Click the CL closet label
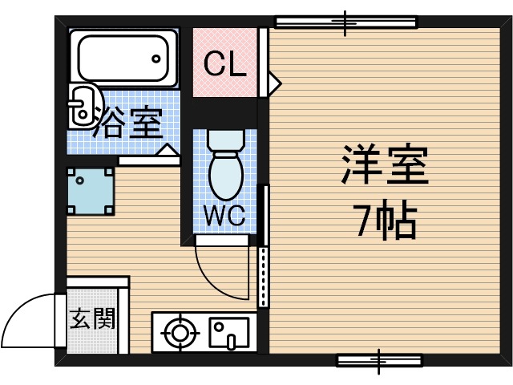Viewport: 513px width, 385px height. coord(224,63)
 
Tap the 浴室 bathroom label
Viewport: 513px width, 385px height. coord(128,122)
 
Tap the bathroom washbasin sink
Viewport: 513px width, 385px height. coord(82,106)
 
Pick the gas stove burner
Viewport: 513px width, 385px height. coord(179,331)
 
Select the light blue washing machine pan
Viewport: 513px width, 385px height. coord(88,191)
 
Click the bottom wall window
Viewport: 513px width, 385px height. coord(378,359)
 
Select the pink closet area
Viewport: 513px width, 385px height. coord(224,64)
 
